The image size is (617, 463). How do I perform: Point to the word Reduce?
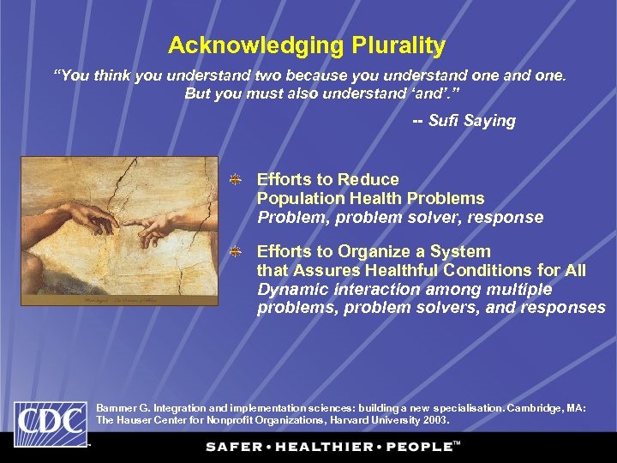pos(368,179)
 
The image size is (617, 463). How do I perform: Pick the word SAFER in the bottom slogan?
pos(233,447)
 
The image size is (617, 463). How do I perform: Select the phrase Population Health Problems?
pos(370,198)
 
